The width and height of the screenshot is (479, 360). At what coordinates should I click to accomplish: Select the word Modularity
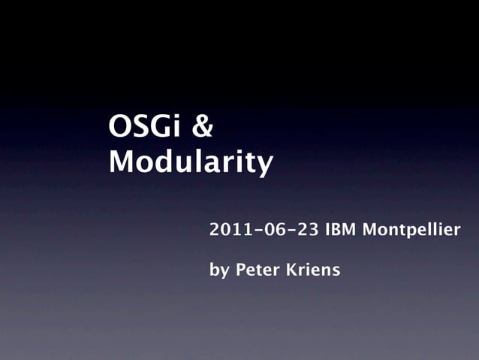pos(190,162)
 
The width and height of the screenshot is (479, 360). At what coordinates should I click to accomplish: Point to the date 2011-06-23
pos(264,229)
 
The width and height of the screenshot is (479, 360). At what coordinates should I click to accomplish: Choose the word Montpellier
pos(411,229)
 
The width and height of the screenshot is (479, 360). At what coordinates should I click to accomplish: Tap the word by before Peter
pos(219,270)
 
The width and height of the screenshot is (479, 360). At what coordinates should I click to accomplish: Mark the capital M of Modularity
pos(123,161)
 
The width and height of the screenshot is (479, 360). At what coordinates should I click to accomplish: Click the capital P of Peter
pos(240,269)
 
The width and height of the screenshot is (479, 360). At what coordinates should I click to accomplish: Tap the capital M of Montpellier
pos(370,229)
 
